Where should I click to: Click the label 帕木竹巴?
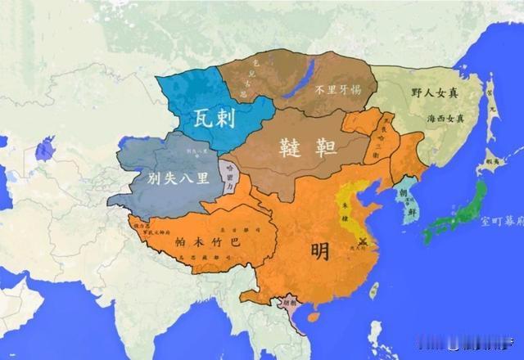click(x=202, y=241)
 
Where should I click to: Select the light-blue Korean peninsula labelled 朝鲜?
click(x=404, y=205)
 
